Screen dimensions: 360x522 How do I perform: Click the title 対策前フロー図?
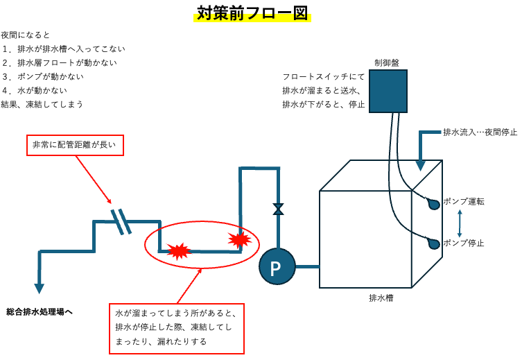(252, 14)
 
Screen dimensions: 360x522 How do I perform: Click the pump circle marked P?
(277, 266)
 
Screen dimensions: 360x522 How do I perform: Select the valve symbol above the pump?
(278, 209)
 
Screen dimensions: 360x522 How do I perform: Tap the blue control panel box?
(388, 91)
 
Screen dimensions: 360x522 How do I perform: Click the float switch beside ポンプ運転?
(433, 204)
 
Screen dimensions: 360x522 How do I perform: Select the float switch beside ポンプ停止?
(433, 243)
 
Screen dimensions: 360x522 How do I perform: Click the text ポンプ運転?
(463, 202)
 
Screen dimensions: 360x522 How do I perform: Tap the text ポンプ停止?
(463, 243)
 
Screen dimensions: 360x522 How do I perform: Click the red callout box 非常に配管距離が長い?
(75, 145)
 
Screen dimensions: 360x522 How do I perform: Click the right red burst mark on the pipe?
(239, 239)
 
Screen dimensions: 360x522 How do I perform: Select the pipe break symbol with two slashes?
(121, 221)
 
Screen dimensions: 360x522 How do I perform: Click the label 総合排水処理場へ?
(40, 312)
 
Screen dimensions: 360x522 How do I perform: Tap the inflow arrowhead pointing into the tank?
(420, 165)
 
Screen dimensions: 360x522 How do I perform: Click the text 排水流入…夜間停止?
(480, 132)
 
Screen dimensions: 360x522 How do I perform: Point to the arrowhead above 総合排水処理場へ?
(39, 288)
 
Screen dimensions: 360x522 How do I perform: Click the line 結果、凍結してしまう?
(42, 104)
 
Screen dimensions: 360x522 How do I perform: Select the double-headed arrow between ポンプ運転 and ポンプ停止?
(460, 223)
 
